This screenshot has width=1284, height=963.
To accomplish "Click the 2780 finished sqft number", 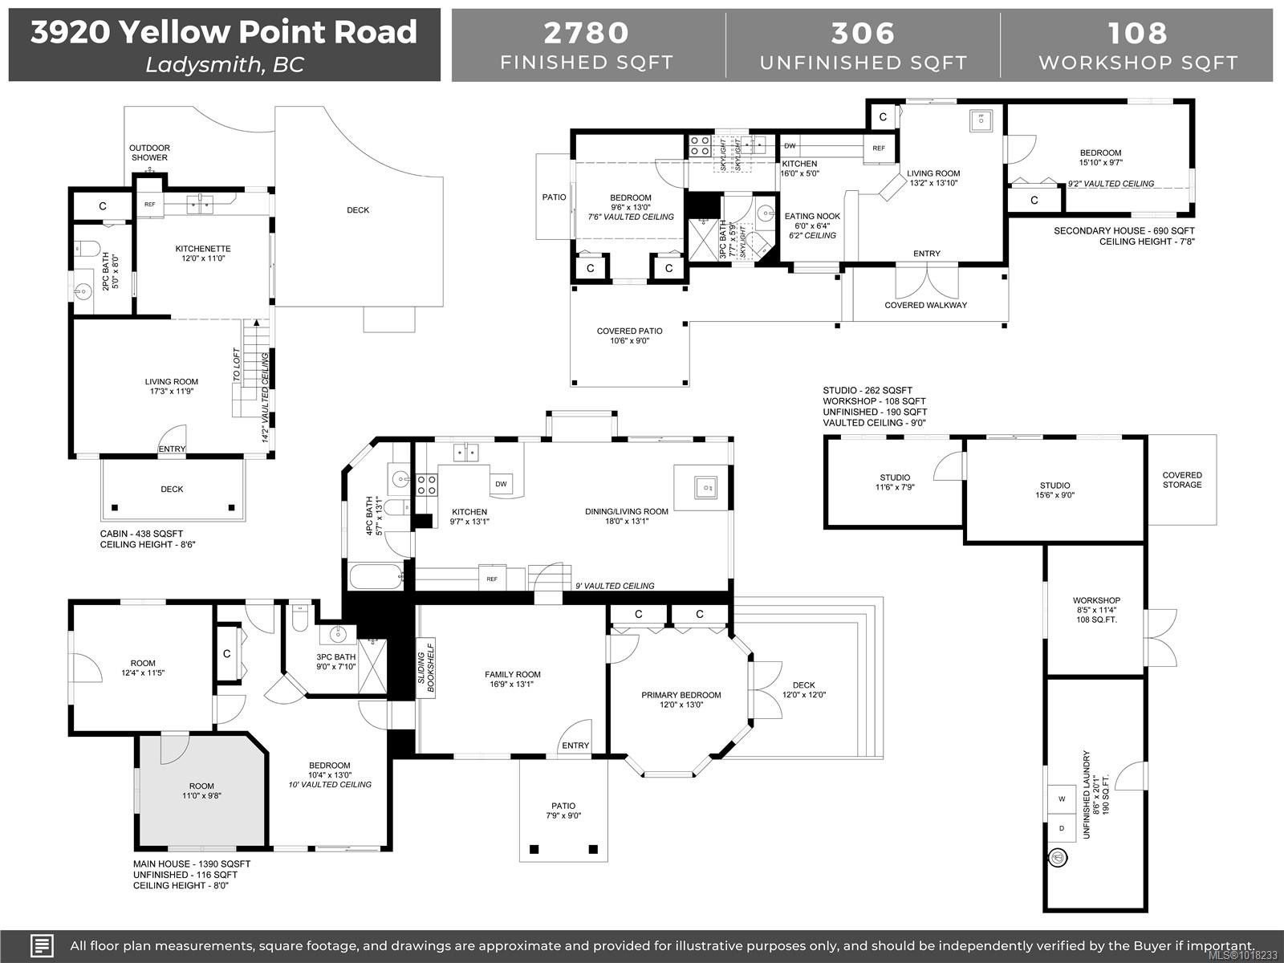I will tap(587, 33).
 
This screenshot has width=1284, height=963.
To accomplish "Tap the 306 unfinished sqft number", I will tap(863, 33).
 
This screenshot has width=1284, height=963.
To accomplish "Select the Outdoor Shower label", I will tap(150, 152).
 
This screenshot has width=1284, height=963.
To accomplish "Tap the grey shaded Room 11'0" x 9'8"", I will tap(201, 791).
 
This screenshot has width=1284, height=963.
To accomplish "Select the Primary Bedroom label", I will tap(681, 695).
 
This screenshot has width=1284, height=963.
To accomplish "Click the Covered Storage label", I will tap(1182, 480).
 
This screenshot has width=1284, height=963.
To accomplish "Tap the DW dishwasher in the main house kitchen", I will tap(502, 484).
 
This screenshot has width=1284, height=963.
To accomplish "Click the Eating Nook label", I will tap(811, 216).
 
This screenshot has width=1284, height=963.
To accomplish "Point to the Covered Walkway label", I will tap(925, 305).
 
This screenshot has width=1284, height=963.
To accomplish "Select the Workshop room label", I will tap(1096, 600).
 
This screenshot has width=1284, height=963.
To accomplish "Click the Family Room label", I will tap(512, 674).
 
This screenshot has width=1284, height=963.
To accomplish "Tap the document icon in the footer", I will tap(43, 945).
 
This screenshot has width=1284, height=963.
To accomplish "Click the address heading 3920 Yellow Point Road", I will tap(224, 33).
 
